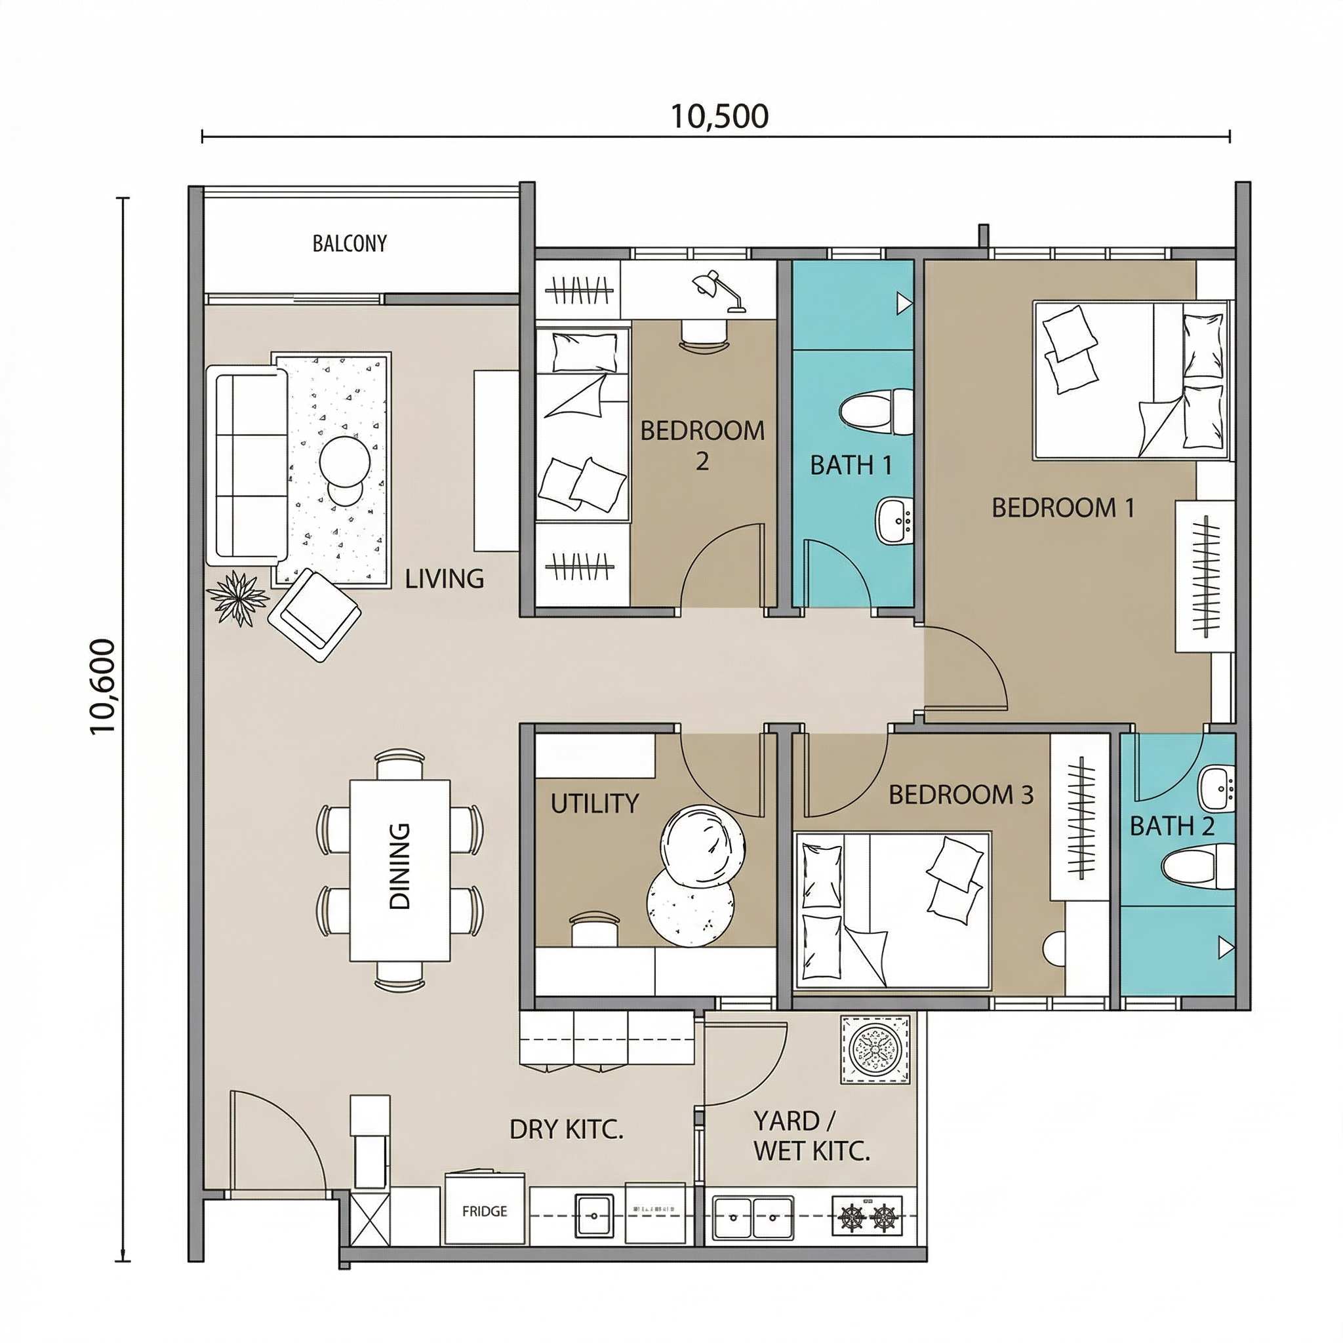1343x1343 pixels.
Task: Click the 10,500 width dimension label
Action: point(719,116)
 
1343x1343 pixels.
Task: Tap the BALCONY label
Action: point(350,243)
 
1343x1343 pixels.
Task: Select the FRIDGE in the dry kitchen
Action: point(485,1211)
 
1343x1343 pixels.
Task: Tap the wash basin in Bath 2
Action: point(1217,788)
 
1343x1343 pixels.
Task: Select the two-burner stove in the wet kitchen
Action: point(867,1216)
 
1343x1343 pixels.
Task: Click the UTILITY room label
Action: point(594,803)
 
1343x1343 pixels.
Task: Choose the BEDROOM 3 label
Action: point(961,795)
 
